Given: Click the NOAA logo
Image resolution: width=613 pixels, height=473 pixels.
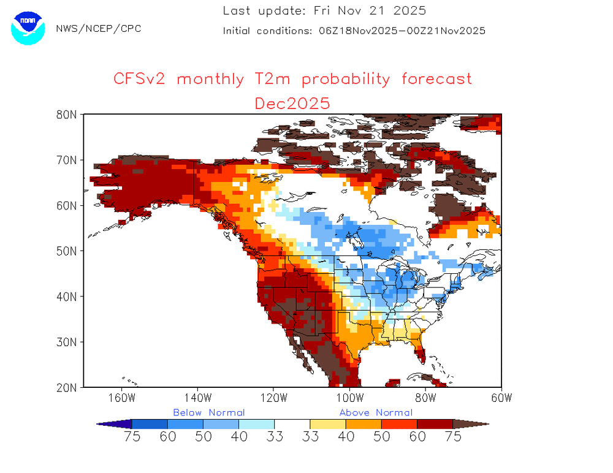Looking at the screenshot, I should pyautogui.click(x=28, y=28).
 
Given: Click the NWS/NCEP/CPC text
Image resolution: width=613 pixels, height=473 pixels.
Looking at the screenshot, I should pyautogui.click(x=98, y=29).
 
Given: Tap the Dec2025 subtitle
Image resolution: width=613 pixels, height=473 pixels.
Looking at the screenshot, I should pyautogui.click(x=292, y=102).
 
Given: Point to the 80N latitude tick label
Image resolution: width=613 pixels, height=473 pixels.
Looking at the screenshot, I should pyautogui.click(x=66, y=115).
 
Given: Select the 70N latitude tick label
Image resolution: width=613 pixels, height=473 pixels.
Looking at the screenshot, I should pyautogui.click(x=66, y=160).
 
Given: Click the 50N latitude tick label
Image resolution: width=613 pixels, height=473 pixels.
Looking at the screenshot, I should pyautogui.click(x=66, y=251).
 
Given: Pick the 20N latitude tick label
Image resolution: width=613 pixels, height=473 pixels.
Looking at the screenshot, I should pyautogui.click(x=66, y=387).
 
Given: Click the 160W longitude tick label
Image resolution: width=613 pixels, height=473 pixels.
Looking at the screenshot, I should pyautogui.click(x=121, y=398).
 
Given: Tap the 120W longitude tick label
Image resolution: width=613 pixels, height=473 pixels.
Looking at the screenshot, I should pyautogui.click(x=273, y=398).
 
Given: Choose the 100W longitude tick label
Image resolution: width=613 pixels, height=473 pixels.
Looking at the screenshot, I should pyautogui.click(x=349, y=398).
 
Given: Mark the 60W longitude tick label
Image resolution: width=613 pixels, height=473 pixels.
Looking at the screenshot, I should pyautogui.click(x=501, y=398).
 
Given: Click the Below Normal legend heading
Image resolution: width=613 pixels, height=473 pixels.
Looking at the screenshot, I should pyautogui.click(x=208, y=412).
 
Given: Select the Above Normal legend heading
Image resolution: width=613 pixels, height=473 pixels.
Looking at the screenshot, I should pyautogui.click(x=376, y=412).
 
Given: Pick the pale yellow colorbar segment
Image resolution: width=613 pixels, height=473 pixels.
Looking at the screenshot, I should pyautogui.click(x=328, y=423).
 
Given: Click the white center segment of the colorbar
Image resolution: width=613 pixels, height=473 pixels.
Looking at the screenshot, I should pyautogui.click(x=292, y=423).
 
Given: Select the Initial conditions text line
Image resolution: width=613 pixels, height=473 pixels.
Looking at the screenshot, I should pyautogui.click(x=354, y=31).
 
